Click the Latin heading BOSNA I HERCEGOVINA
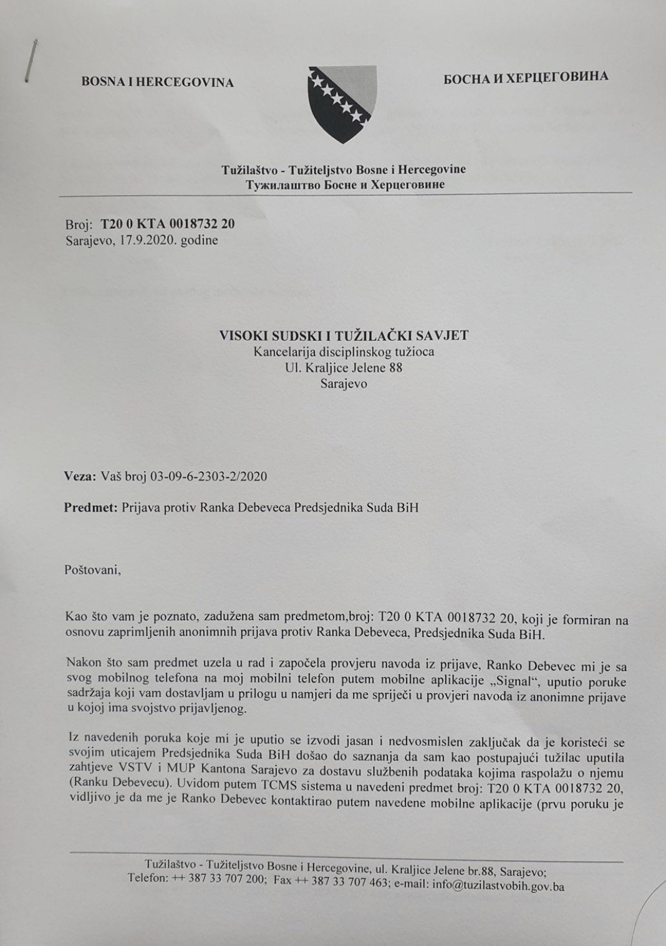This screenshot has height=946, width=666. pyautogui.click(x=157, y=82)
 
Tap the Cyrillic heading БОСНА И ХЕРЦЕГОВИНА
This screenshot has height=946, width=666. pyautogui.click(x=526, y=78)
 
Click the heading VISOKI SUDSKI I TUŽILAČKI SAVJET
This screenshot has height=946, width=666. pyautogui.click(x=344, y=335)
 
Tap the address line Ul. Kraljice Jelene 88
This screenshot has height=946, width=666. pyautogui.click(x=344, y=368)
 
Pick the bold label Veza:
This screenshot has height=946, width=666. pyautogui.click(x=79, y=477)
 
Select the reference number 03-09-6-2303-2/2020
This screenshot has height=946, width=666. pyautogui.click(x=213, y=477)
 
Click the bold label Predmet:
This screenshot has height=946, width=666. pyautogui.click(x=90, y=507)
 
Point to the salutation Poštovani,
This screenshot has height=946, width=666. pyautogui.click(x=92, y=569)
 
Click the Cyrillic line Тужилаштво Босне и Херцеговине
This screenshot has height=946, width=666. pyautogui.click(x=345, y=184)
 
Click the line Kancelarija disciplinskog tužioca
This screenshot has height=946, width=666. pyautogui.click(x=344, y=351)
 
